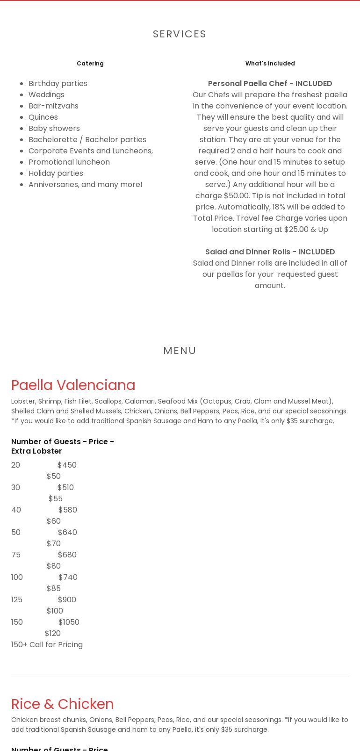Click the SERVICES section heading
(180, 34)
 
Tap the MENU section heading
(180, 351)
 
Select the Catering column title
(90, 64)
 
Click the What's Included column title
(270, 64)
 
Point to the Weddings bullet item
(46, 95)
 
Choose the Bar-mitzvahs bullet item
(53, 106)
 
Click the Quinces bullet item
(43, 117)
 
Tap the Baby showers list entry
(54, 129)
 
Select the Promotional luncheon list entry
(69, 162)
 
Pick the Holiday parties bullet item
(56, 173)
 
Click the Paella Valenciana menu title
(73, 385)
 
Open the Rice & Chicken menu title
(62, 704)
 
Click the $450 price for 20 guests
(67, 465)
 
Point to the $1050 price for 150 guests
(69, 622)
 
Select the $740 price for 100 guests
(68, 578)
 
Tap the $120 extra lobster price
(53, 634)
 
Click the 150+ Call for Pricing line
(47, 645)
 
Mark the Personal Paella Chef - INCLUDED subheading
(270, 84)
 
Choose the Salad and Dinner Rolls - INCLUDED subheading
(270, 252)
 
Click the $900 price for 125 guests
(67, 600)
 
